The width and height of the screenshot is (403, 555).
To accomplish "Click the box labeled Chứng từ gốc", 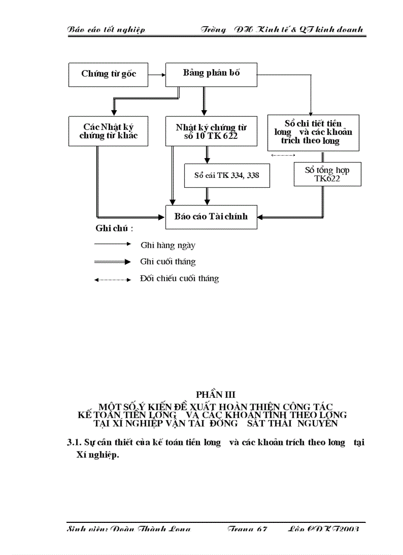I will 108,74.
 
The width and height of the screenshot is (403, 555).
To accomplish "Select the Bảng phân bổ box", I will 211,74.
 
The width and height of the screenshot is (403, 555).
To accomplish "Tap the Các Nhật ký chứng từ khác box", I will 108,131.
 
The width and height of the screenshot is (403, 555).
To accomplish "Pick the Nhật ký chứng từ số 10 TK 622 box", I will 211,131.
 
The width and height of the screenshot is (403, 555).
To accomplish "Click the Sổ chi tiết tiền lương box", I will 313,132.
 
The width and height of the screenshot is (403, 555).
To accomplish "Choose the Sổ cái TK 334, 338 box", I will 227,175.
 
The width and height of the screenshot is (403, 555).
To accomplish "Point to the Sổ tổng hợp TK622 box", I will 327,174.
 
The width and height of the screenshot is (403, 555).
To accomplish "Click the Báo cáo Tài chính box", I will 211,216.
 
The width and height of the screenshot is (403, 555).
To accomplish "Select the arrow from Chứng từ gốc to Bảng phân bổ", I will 157,75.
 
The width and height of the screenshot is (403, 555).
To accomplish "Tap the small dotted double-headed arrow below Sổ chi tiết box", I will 283,155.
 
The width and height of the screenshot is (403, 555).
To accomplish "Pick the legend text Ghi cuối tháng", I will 168,262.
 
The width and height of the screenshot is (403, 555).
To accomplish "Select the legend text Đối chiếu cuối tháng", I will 179,279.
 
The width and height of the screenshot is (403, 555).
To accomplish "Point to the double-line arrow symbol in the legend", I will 113,262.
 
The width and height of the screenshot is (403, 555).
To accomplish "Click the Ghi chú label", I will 114,228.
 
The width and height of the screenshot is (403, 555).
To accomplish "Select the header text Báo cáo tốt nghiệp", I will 106,30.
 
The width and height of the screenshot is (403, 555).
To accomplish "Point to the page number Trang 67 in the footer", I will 247,529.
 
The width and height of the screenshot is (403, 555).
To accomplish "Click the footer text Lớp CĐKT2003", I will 323,529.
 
